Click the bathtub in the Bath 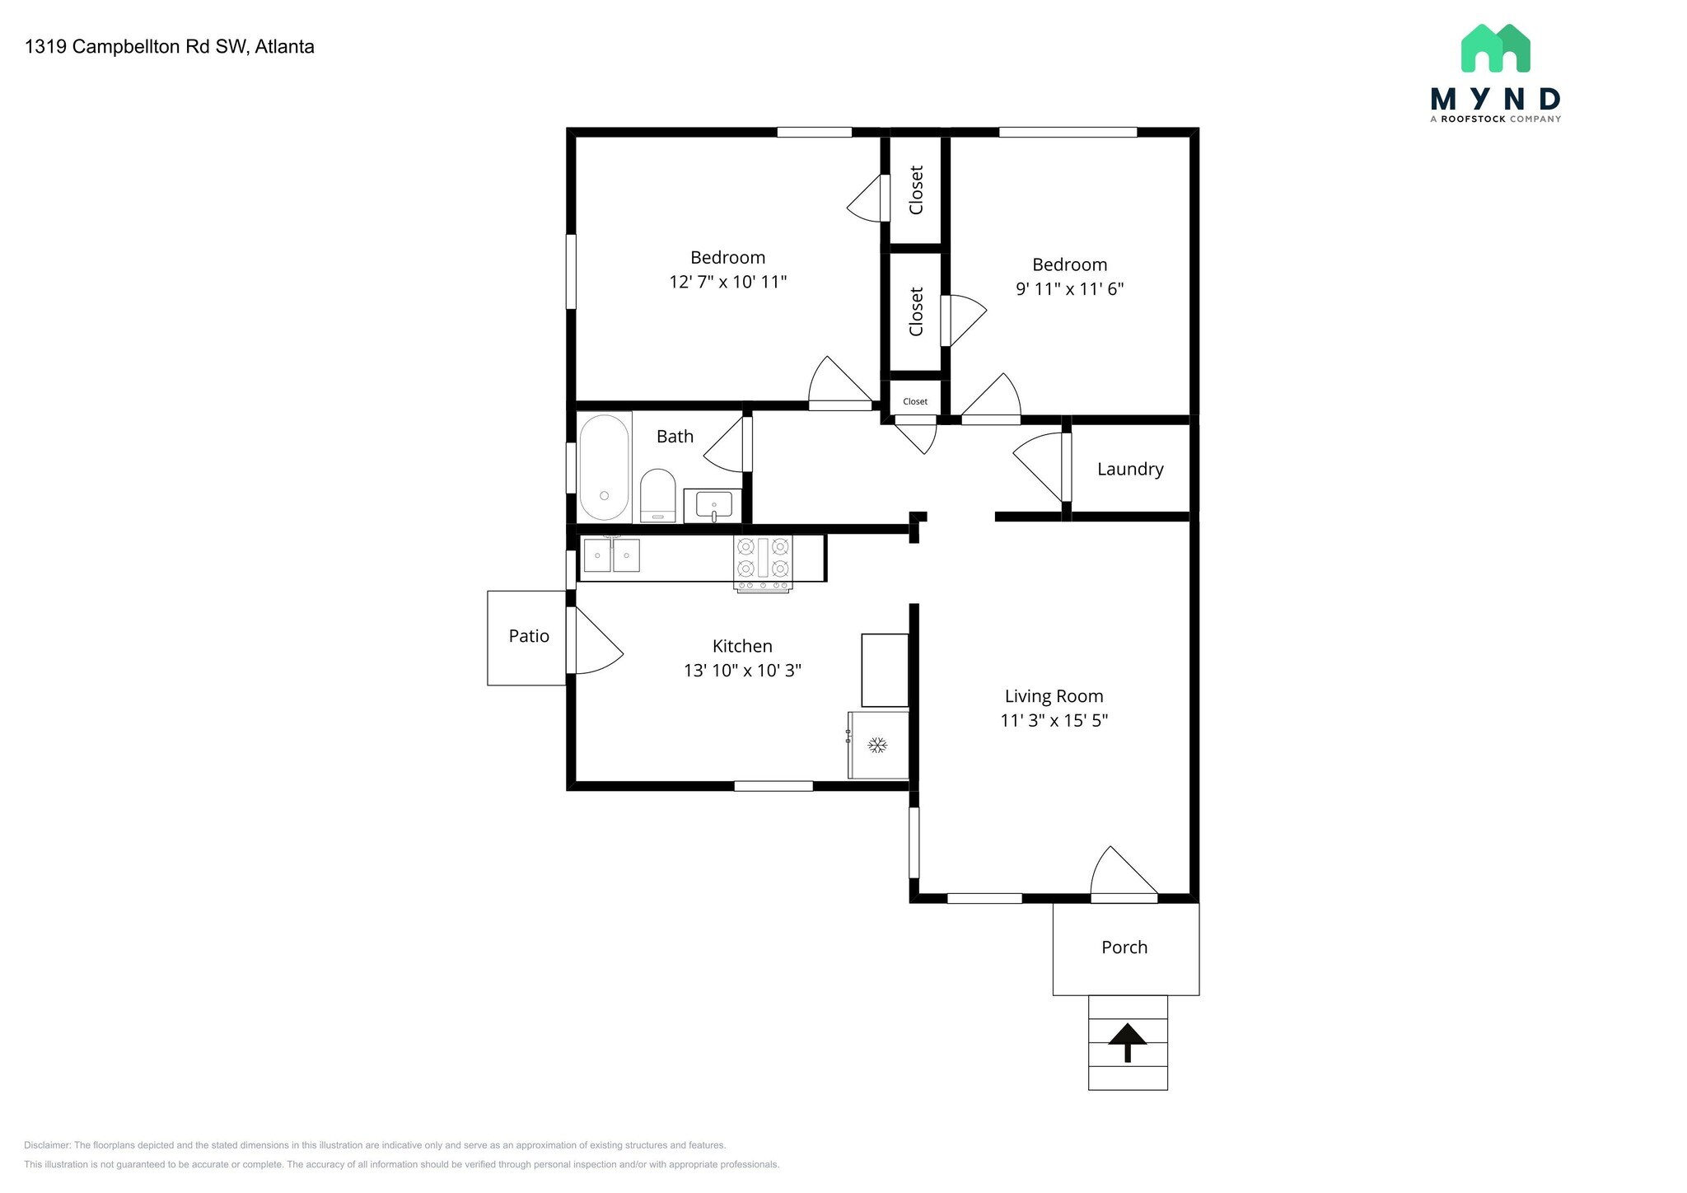click(605, 468)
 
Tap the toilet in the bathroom click(658, 495)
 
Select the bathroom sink click(713, 505)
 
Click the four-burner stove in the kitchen click(764, 564)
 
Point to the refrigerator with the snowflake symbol click(878, 745)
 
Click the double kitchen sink click(612, 554)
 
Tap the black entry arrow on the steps click(1127, 1042)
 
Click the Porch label click(1124, 947)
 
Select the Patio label click(529, 636)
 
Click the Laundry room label click(1130, 470)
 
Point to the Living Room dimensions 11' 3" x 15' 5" click(1054, 720)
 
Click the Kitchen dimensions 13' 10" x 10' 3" click(742, 671)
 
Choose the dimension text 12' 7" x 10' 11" click(728, 282)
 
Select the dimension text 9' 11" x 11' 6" click(1070, 289)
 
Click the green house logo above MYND click(1495, 48)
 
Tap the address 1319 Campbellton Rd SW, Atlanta click(170, 47)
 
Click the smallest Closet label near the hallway click(915, 402)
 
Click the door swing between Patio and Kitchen click(595, 641)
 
